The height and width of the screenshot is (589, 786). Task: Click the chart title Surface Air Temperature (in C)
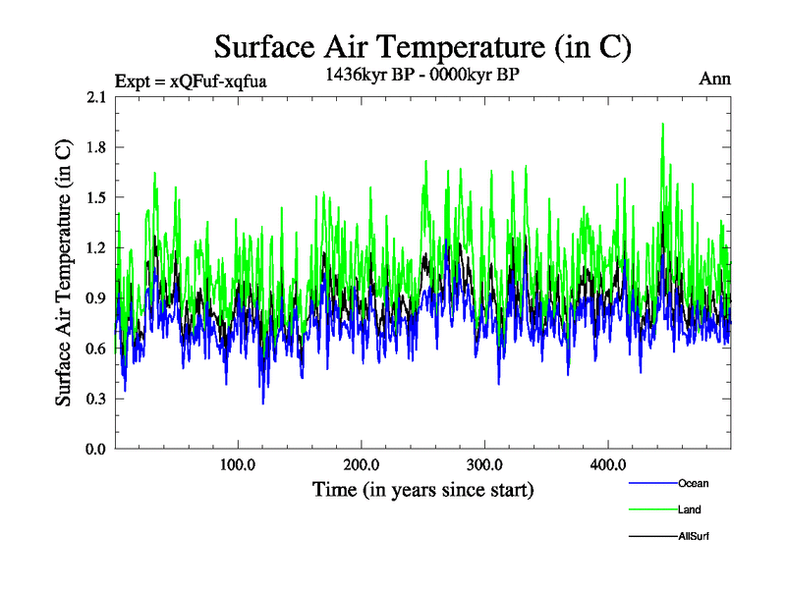coord(422,46)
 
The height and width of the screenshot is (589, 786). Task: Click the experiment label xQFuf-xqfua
coord(191,80)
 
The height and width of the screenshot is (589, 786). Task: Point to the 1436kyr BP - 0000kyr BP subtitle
coord(422,73)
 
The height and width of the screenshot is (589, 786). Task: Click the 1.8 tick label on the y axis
coord(96,147)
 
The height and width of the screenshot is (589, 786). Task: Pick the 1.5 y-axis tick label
coord(96,197)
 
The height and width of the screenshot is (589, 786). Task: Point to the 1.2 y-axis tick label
coord(96,247)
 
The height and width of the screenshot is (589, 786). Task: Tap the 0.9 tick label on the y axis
coord(96,298)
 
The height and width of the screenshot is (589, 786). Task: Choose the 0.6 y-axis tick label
coord(96,348)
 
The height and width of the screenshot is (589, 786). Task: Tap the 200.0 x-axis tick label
coord(363,465)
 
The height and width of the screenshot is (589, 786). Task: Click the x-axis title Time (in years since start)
coord(422,489)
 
